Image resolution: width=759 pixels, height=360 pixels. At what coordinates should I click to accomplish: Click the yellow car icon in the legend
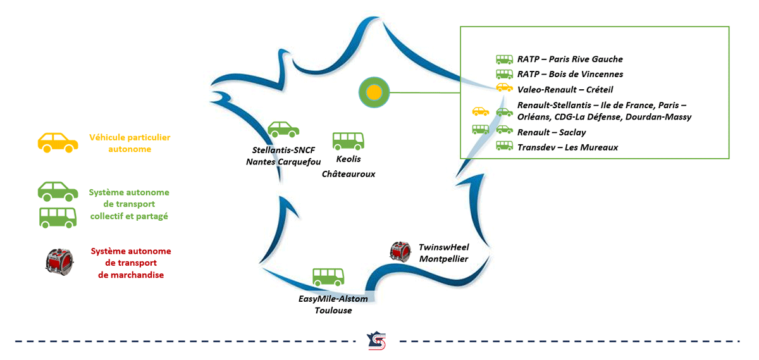(x=58, y=143)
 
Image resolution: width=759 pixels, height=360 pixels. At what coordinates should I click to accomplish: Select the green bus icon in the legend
(x=58, y=218)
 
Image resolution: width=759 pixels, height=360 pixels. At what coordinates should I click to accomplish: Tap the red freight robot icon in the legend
(x=59, y=262)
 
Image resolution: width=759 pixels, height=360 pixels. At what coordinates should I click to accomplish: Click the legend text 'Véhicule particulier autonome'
(x=130, y=143)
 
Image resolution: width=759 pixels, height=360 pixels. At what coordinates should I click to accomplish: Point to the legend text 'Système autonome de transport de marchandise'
(x=131, y=263)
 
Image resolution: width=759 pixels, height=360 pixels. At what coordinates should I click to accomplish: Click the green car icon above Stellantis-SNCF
(x=283, y=129)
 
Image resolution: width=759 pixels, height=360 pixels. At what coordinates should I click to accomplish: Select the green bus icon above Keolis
(x=349, y=141)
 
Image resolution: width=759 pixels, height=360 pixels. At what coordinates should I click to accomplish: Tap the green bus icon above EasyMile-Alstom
(x=328, y=277)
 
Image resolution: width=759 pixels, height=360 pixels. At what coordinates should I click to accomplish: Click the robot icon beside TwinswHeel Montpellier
(x=400, y=252)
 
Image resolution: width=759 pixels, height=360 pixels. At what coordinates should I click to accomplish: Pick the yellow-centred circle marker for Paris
(x=374, y=92)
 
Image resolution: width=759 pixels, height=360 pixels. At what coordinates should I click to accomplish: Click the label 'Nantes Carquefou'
(x=283, y=162)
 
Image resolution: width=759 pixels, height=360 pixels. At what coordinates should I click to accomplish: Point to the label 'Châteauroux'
(x=349, y=174)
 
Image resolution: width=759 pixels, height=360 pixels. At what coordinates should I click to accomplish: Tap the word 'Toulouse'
(x=333, y=310)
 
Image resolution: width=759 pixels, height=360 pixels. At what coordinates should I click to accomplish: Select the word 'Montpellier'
(x=443, y=259)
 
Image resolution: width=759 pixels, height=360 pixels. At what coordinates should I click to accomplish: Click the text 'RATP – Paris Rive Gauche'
(x=570, y=59)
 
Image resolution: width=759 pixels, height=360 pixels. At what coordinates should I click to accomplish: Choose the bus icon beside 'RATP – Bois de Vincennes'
(x=505, y=74)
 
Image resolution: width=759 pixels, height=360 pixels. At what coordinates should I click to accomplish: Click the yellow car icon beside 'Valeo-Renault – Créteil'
(x=505, y=87)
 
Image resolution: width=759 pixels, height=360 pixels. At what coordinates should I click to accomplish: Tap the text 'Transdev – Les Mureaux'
(x=567, y=147)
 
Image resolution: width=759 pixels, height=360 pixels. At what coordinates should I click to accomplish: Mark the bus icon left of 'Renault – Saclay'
(x=481, y=129)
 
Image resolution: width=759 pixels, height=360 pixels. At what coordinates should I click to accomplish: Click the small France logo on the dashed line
(x=376, y=340)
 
